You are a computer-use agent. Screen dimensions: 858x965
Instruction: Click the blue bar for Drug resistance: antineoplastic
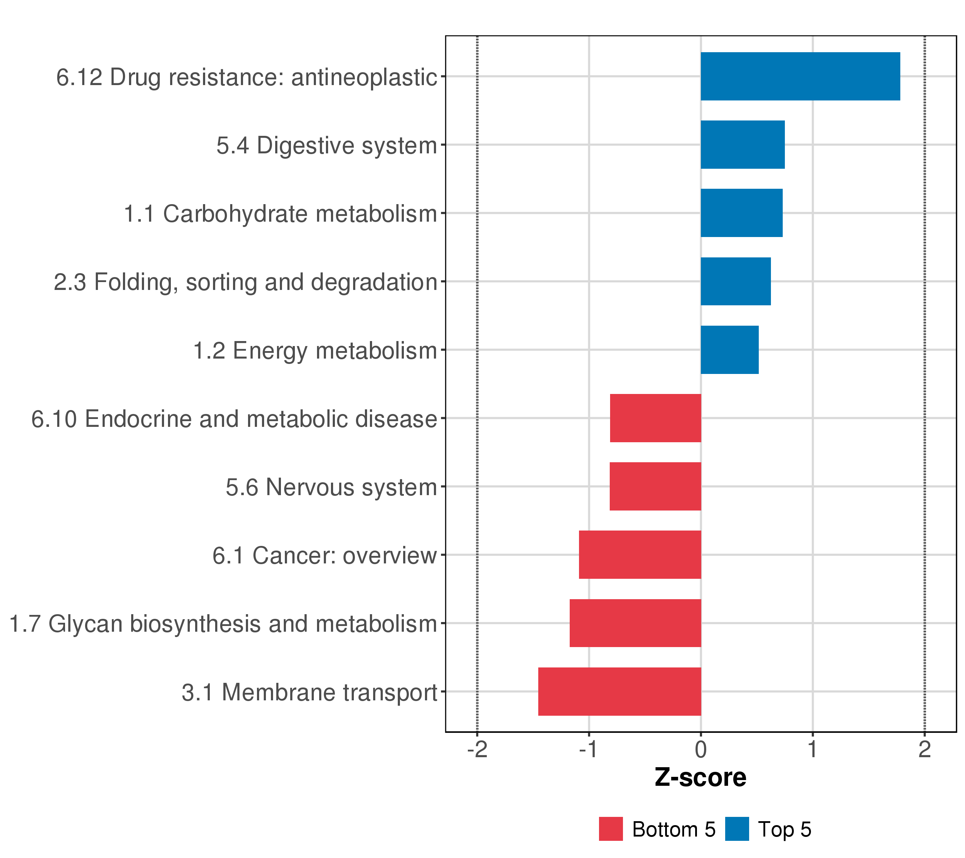800,76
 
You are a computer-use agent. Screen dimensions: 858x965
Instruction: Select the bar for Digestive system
742,144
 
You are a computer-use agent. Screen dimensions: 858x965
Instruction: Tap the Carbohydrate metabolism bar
741,213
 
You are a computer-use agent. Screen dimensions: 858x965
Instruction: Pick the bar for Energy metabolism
729,350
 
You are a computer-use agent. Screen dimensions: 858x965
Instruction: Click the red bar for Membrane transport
619,691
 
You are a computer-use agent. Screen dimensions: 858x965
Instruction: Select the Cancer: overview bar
640,555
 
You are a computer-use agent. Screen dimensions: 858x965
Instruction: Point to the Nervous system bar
655,486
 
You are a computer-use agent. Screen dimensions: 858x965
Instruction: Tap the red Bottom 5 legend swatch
610,829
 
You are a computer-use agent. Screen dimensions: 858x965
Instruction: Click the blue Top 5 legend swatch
737,829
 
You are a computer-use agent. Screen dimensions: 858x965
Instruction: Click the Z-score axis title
700,777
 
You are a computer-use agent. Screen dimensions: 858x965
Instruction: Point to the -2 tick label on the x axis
477,749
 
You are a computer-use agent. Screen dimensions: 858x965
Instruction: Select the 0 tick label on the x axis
701,749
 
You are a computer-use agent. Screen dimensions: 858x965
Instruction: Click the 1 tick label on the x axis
812,749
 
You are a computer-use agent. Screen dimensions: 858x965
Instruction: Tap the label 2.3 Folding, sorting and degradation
246,282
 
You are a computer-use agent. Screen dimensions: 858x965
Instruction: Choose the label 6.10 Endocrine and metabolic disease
234,419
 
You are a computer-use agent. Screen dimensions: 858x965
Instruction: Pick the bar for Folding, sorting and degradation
736,281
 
